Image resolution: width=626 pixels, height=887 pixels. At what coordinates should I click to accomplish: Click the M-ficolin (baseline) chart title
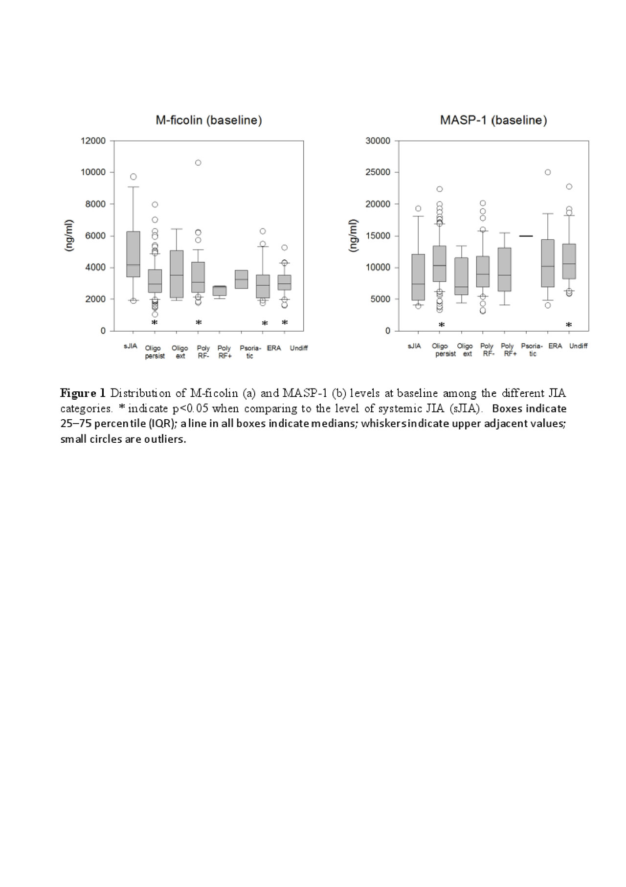click(209, 120)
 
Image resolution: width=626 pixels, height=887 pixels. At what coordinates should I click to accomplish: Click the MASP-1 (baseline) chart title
click(493, 120)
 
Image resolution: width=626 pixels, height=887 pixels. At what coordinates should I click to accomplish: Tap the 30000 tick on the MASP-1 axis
click(378, 141)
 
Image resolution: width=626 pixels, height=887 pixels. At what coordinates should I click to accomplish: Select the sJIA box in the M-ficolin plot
click(133, 254)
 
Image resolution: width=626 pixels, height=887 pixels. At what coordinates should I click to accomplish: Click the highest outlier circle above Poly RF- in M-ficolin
click(198, 162)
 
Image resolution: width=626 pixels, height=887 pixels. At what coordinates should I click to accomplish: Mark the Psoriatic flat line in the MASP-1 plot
click(526, 236)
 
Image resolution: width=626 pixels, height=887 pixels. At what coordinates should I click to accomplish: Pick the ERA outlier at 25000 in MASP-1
click(548, 172)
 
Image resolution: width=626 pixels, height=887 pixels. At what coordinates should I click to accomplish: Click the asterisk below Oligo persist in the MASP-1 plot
click(442, 325)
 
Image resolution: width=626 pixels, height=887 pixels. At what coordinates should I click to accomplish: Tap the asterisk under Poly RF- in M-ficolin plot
click(199, 322)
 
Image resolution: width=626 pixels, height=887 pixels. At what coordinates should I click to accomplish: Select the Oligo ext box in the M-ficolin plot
click(177, 274)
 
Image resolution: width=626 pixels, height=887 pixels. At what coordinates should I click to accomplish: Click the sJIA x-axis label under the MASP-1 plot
click(414, 346)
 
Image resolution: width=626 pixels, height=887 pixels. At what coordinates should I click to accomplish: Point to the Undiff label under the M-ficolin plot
click(298, 348)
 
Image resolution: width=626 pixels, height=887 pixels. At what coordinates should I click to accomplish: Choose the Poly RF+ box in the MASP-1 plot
click(504, 269)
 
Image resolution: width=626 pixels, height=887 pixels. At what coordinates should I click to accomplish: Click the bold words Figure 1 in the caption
click(83, 393)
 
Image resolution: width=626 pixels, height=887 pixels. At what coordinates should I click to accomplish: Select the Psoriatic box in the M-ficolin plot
click(241, 279)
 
